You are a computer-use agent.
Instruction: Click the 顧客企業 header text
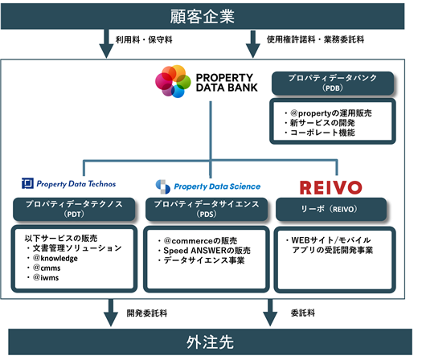[202, 16]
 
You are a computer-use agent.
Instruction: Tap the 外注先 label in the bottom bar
[210, 342]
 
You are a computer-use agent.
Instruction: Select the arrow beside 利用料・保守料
[107, 43]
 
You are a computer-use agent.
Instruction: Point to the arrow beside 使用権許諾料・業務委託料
[252, 44]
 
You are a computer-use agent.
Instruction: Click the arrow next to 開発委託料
[111, 313]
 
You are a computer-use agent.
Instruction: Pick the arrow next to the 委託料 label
[270, 313]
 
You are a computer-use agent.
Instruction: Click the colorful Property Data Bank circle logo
[173, 81]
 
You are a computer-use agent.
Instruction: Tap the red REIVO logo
[330, 187]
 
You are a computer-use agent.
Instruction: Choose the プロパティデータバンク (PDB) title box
[333, 83]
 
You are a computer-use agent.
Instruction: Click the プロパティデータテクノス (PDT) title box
[74, 209]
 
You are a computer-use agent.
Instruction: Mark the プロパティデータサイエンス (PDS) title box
[207, 209]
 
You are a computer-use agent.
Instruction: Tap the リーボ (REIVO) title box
[331, 209]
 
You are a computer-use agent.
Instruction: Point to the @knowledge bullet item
[52, 258]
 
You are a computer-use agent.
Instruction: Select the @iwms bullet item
[43, 277]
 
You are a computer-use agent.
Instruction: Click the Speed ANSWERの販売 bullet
[204, 251]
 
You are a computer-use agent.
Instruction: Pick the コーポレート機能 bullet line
[320, 133]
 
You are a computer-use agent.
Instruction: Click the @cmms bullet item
[43, 268]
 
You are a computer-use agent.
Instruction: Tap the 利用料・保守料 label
[144, 40]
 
